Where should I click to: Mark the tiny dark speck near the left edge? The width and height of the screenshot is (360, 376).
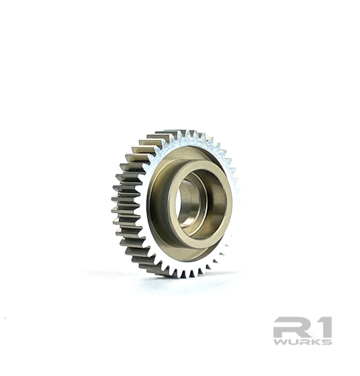pyautogui.click(x=5, y=318)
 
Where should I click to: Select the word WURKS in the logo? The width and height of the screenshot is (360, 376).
pyautogui.click(x=302, y=342)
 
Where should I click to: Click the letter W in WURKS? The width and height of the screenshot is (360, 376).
pyautogui.click(x=280, y=342)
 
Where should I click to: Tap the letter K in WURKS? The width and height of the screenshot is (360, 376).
pyautogui.click(x=314, y=342)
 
